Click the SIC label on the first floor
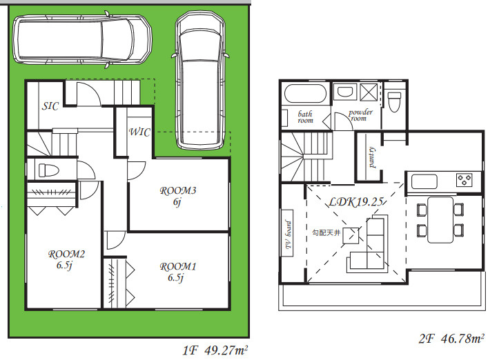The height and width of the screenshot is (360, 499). click(x=50, y=106)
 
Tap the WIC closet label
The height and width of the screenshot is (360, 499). click(x=139, y=132)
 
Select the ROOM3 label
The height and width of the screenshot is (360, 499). click(x=178, y=190)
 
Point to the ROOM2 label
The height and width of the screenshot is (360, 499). click(x=66, y=254)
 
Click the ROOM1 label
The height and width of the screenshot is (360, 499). click(x=178, y=266)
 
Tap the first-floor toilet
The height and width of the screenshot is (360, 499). click(x=48, y=170)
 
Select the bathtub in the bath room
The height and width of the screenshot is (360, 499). click(x=306, y=93)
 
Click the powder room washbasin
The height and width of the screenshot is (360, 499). click(x=345, y=92)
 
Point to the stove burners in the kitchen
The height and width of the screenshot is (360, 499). click(x=464, y=180)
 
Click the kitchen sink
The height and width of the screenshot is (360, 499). click(x=424, y=181)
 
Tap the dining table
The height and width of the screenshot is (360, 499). click(x=440, y=220)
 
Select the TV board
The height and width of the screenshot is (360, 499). click(x=288, y=233)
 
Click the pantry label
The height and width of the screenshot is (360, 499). click(x=372, y=157)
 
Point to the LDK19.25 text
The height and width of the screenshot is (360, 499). click(x=356, y=201)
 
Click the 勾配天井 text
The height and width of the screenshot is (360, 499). click(x=326, y=233)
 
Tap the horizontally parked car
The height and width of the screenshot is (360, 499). click(x=82, y=40)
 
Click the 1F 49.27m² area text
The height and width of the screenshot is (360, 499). click(x=215, y=350)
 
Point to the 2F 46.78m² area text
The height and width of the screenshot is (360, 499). click(x=451, y=339)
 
